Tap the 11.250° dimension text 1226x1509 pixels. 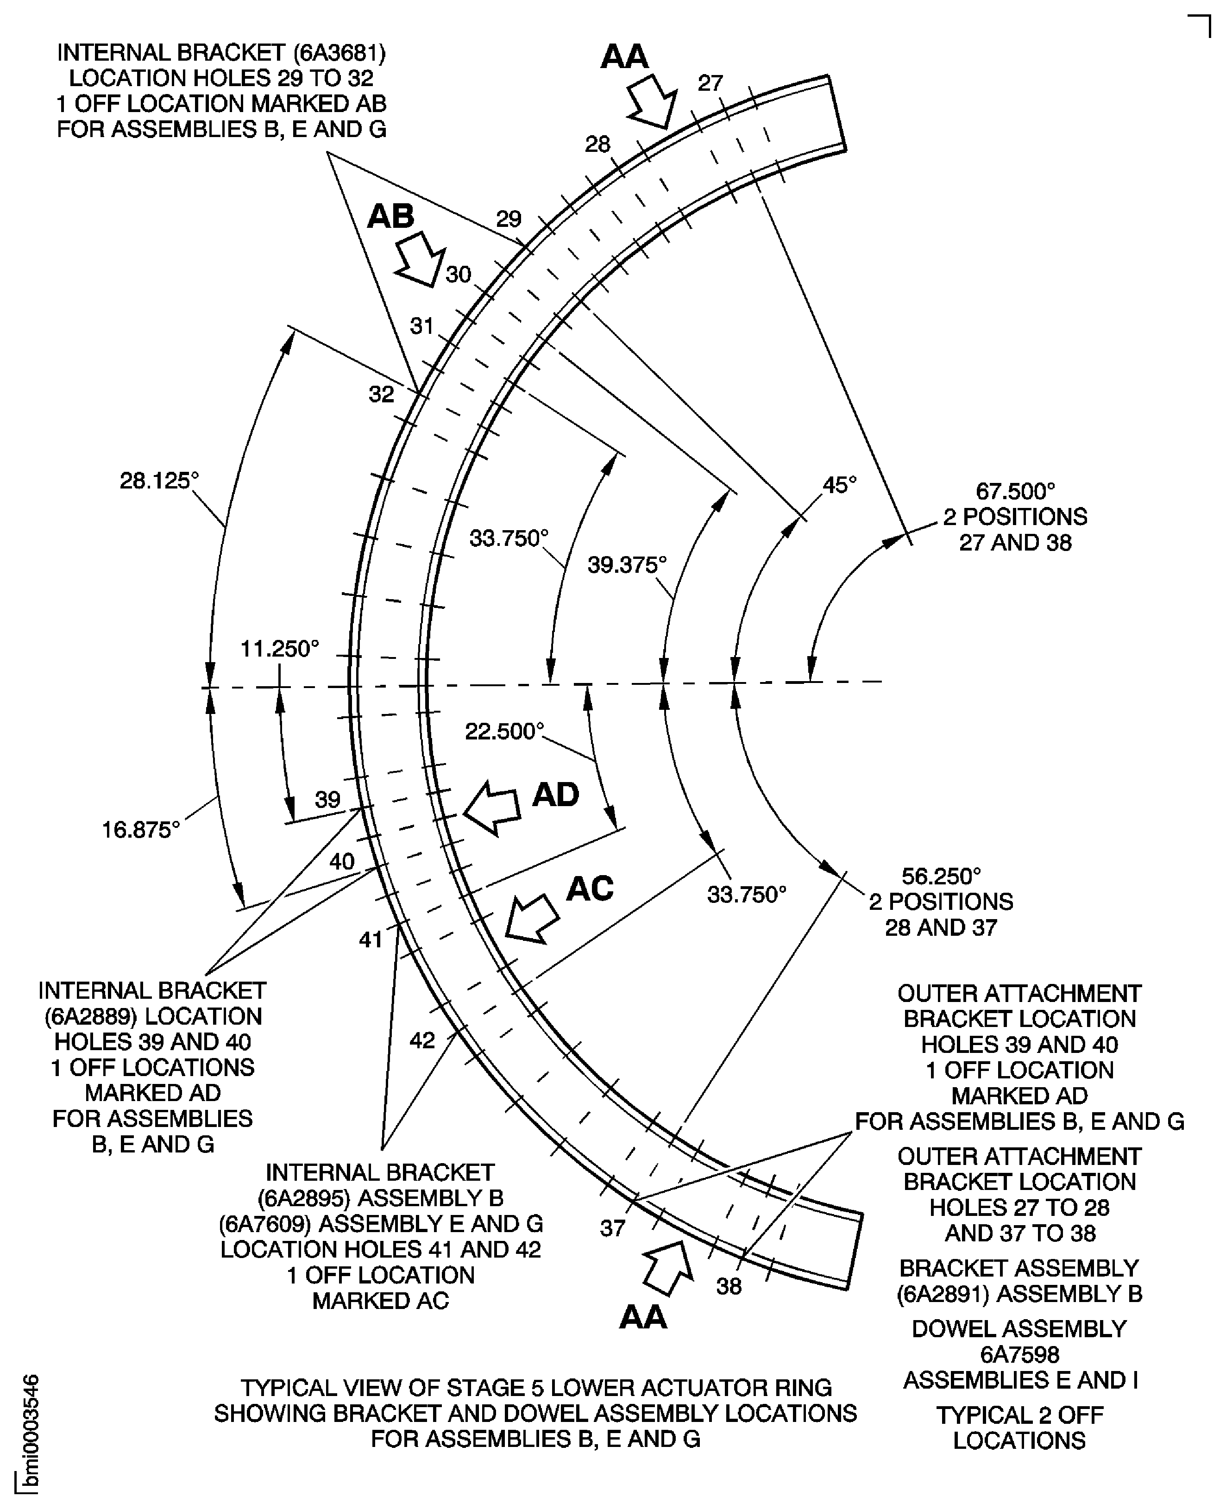pyautogui.click(x=280, y=648)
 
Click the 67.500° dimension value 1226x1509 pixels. pyautogui.click(x=1016, y=491)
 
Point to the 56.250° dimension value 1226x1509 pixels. pyautogui.click(x=942, y=877)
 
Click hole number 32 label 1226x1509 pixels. pyautogui.click(x=381, y=394)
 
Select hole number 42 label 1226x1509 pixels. pyautogui.click(x=422, y=1040)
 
